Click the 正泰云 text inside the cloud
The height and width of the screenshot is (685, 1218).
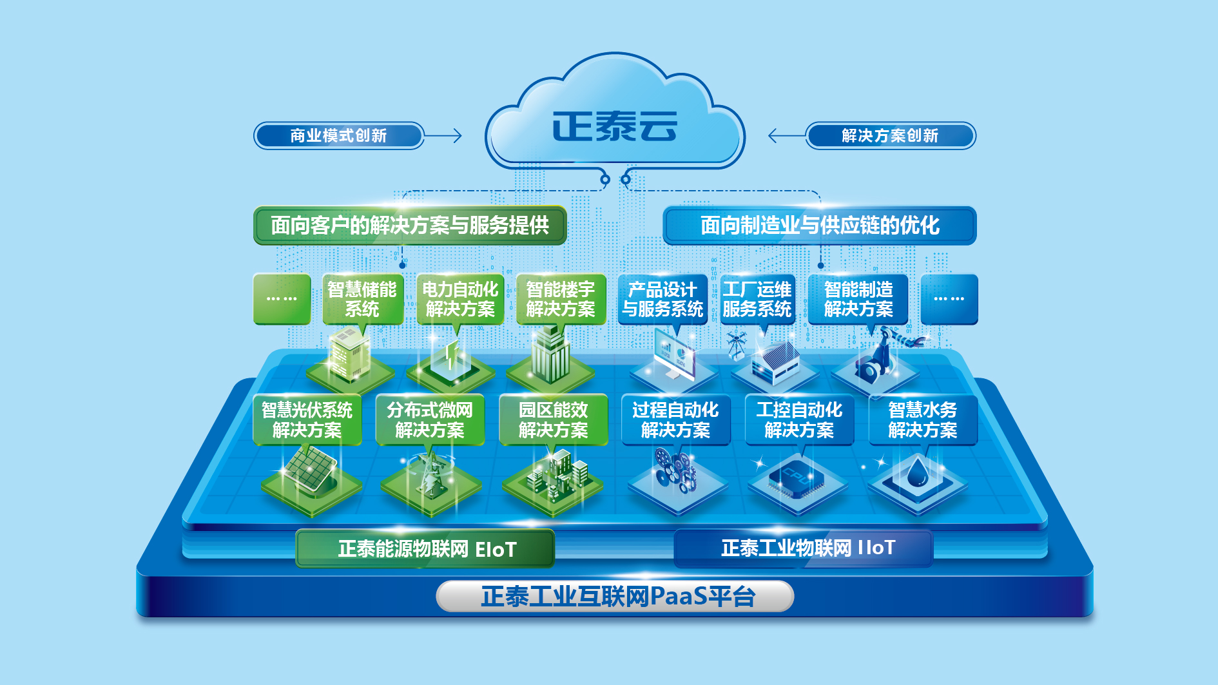(615, 126)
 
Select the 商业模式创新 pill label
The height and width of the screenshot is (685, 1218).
(339, 135)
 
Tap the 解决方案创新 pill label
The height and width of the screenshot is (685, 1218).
(891, 135)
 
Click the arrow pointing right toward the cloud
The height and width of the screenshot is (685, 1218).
(443, 135)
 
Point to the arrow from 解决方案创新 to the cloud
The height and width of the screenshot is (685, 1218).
(787, 135)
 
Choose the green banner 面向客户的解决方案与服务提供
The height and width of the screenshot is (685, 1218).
(410, 225)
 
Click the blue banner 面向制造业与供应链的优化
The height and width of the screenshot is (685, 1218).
(820, 225)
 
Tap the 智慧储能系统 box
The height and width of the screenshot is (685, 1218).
(362, 299)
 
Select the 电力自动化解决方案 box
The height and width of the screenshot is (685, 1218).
(460, 299)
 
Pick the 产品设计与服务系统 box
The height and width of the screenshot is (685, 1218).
(662, 299)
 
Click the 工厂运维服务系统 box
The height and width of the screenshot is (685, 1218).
(757, 299)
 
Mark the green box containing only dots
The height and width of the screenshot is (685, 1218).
(282, 299)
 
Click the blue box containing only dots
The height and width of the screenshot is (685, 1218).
(949, 299)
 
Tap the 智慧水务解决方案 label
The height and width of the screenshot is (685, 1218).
(923, 420)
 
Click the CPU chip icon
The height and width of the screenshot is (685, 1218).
(797, 478)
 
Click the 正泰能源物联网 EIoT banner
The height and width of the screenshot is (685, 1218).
(425, 548)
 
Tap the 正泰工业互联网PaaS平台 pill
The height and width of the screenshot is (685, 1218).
(615, 596)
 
